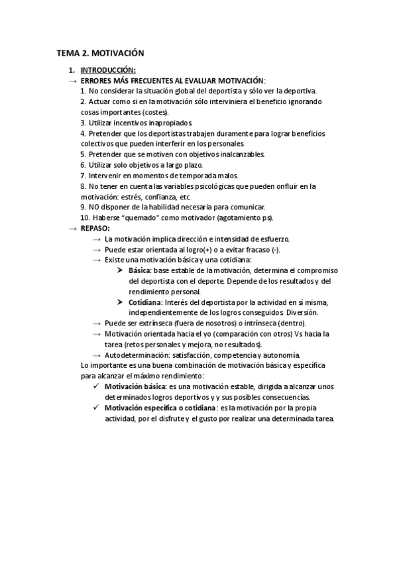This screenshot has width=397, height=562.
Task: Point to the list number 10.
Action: (x=84, y=217)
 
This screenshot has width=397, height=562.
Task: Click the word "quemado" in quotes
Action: (x=135, y=217)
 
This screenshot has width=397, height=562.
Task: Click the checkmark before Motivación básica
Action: (x=97, y=387)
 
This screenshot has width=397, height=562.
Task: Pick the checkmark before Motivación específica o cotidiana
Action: (x=97, y=408)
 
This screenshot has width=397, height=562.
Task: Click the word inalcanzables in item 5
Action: (x=241, y=154)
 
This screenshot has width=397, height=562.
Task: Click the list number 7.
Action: (x=83, y=175)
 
